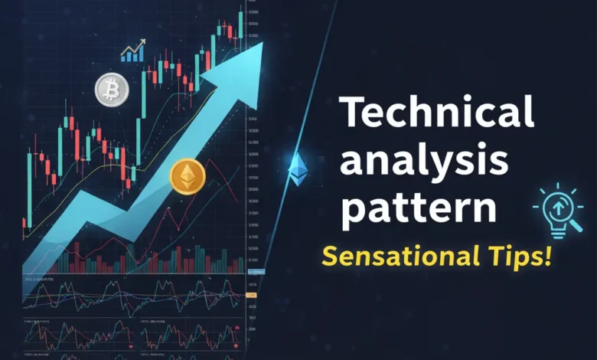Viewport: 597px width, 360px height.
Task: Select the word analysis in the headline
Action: (424, 161)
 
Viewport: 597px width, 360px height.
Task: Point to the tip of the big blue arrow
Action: (261, 44)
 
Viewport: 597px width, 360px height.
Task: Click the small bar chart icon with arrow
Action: (133, 51)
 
